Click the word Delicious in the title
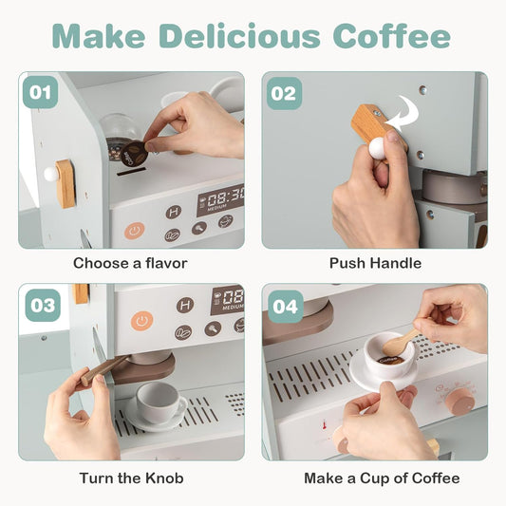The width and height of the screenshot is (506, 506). click(x=239, y=35)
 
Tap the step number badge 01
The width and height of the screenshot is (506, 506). click(x=40, y=92)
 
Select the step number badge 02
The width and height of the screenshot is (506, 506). click(x=284, y=94)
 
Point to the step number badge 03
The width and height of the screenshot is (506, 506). click(x=43, y=306)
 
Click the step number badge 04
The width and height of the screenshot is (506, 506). click(x=285, y=307)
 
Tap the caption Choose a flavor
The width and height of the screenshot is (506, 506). click(x=130, y=263)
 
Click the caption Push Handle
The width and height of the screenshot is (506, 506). click(x=375, y=263)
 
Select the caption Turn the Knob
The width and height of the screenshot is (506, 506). click(x=131, y=478)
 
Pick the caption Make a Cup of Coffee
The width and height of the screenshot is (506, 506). click(x=382, y=478)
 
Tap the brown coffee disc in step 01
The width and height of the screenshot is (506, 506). click(x=134, y=155)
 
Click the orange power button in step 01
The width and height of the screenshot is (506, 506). click(x=134, y=231)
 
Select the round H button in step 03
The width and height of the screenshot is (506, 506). click(x=185, y=305)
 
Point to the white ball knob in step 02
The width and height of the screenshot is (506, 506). click(x=377, y=148)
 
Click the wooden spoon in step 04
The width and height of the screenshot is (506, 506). click(x=403, y=341)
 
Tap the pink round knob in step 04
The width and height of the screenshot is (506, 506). click(x=459, y=402)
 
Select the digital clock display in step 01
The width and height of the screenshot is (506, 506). click(x=221, y=198)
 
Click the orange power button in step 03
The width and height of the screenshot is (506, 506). click(x=141, y=321)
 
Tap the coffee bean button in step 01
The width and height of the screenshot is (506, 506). click(x=173, y=234)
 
